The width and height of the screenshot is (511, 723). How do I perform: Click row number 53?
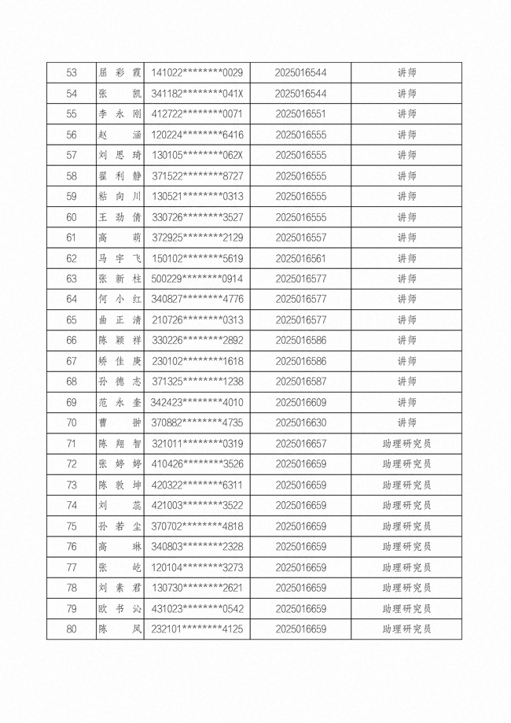click(x=72, y=73)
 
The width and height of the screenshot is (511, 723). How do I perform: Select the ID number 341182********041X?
click(x=197, y=94)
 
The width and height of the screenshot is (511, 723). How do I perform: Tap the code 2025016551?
click(x=301, y=114)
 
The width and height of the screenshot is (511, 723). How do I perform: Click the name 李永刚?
click(x=119, y=114)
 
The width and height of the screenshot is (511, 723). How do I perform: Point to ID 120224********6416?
click(x=197, y=135)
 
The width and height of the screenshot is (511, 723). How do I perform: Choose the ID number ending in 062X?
click(x=197, y=155)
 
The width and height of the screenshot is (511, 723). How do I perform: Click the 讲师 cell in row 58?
click(x=406, y=176)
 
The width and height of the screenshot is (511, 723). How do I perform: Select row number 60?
click(x=72, y=217)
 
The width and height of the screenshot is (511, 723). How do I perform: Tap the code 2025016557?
click(x=301, y=238)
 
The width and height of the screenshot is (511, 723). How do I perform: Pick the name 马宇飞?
click(x=119, y=258)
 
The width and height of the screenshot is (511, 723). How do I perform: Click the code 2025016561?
click(x=301, y=258)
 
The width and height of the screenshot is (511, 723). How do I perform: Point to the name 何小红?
click(x=119, y=299)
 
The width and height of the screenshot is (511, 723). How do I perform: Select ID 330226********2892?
click(x=197, y=340)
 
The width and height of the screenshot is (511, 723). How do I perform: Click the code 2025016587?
click(x=301, y=382)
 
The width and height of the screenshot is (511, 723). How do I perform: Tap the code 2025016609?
click(x=301, y=402)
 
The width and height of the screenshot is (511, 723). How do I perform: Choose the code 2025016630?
click(x=301, y=422)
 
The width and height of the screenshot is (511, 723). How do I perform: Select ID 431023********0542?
click(x=197, y=608)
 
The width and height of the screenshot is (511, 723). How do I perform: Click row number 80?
click(x=72, y=629)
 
